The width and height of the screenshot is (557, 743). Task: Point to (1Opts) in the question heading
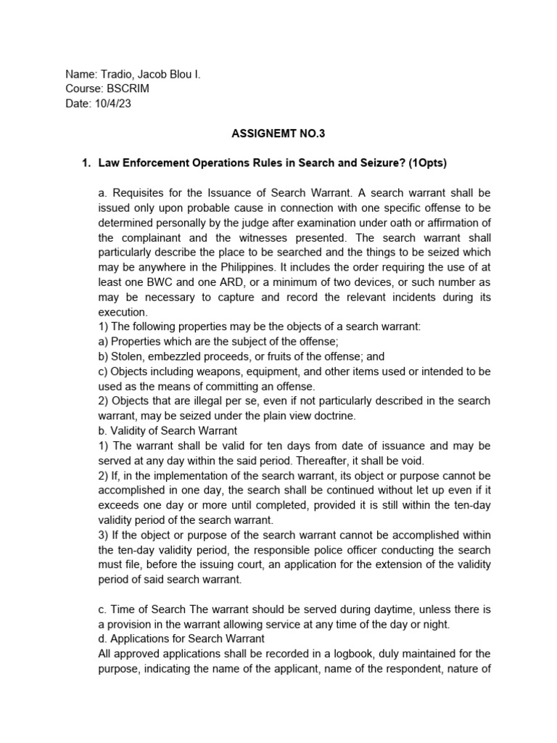click(426, 163)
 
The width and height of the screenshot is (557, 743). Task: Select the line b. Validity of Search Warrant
click(167, 430)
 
